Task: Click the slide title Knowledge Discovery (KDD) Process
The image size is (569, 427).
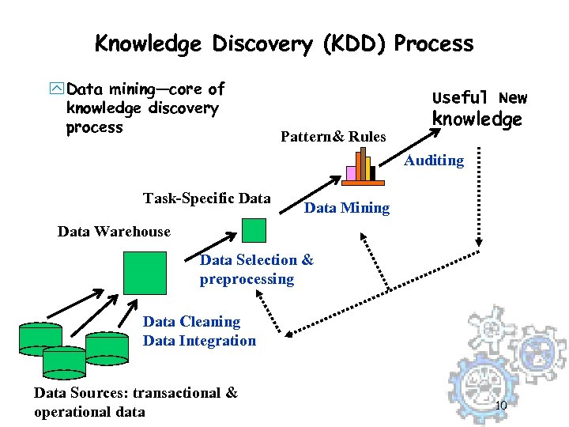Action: click(x=284, y=43)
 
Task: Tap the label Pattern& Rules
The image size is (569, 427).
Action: click(x=333, y=137)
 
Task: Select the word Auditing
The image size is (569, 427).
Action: click(x=434, y=161)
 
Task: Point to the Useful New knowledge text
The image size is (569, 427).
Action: click(x=478, y=108)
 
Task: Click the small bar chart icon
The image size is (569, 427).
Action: click(x=360, y=166)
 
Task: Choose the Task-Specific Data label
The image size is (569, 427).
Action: click(x=207, y=198)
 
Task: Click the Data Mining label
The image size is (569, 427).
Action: click(x=347, y=208)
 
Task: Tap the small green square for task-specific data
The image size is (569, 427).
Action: click(x=254, y=229)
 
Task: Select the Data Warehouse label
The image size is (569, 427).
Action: click(x=114, y=232)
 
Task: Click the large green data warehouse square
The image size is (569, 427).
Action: click(x=145, y=273)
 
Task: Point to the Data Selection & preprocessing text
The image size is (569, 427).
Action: click(x=256, y=270)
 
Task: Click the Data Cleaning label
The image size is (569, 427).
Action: click(x=191, y=322)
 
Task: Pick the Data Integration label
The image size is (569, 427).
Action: click(x=199, y=341)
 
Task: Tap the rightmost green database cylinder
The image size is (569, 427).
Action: click(x=107, y=346)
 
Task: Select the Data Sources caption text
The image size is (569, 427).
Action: click(x=135, y=402)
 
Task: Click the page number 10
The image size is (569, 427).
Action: click(x=500, y=406)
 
